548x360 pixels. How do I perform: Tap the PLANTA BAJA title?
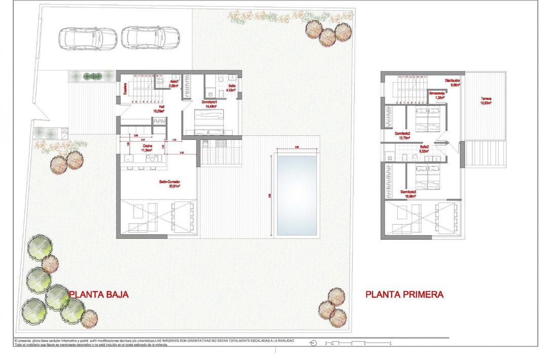click(99, 294)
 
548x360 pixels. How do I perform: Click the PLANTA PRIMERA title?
click(404, 294)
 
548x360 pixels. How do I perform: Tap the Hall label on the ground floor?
click(161, 106)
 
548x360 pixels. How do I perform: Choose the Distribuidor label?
click(453, 80)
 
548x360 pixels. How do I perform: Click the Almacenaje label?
click(437, 93)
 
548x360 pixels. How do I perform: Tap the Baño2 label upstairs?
click(424, 147)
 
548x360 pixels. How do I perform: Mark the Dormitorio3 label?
click(408, 191)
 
